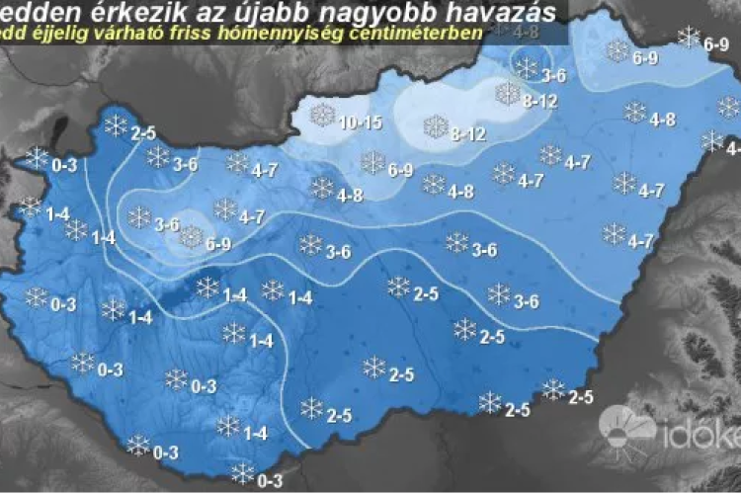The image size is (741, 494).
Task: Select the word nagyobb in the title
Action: click(x=374, y=13)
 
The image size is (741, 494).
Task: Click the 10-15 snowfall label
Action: click(x=360, y=123)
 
